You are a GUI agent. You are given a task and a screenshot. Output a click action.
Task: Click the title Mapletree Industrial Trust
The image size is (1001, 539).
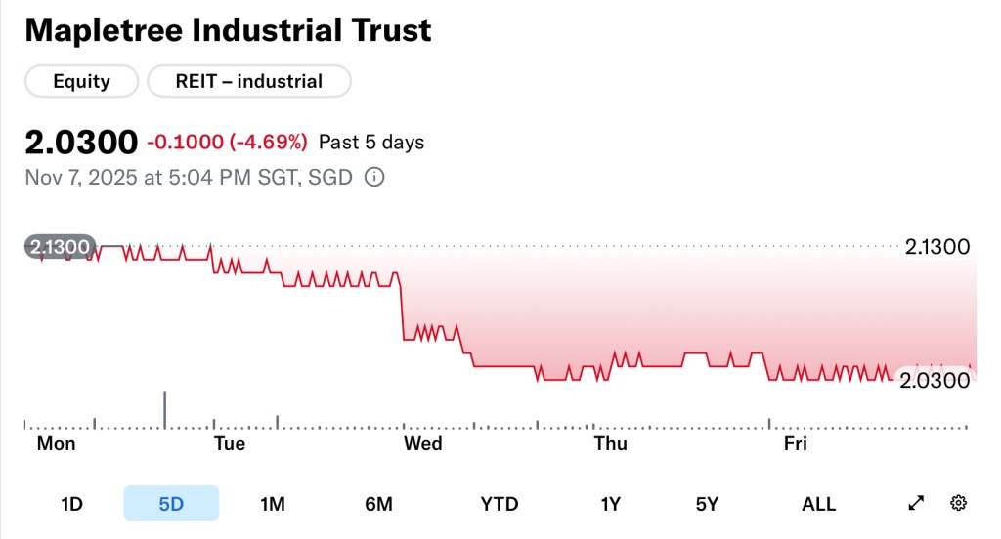click(x=228, y=30)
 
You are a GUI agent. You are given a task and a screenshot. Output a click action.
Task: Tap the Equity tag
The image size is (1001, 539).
click(x=81, y=81)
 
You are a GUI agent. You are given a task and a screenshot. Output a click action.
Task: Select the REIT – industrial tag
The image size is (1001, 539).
click(x=248, y=81)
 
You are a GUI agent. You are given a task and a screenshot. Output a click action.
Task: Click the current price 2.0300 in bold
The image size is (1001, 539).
click(x=81, y=143)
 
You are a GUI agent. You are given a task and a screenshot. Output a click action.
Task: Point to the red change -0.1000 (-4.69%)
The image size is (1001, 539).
click(x=227, y=143)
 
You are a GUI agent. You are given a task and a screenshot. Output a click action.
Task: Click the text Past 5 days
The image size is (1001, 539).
click(x=371, y=143)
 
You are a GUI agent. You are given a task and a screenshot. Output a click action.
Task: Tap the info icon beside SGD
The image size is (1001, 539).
click(x=373, y=178)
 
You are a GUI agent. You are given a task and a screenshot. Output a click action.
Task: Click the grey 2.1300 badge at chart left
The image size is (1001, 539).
click(x=61, y=247)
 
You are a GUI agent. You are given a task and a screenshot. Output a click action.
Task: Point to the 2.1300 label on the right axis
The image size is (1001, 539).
click(x=936, y=247)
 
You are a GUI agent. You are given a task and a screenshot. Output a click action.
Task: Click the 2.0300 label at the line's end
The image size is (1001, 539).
click(x=935, y=379)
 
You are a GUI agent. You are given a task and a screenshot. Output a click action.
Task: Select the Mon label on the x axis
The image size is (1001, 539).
click(x=56, y=444)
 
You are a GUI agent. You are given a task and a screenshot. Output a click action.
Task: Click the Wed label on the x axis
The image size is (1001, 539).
click(x=422, y=444)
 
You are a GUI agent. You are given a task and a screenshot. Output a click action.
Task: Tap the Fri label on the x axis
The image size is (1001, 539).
click(x=796, y=444)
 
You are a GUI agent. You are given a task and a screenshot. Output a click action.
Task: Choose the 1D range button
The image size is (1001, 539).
click(x=71, y=504)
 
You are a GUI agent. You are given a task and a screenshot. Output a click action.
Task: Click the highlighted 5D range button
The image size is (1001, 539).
click(x=171, y=504)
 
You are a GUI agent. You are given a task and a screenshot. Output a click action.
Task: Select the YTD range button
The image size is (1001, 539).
click(x=500, y=504)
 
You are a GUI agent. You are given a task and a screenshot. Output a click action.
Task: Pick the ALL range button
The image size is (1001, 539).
click(x=818, y=504)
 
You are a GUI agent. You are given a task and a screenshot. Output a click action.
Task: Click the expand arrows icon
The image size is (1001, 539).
click(x=916, y=503)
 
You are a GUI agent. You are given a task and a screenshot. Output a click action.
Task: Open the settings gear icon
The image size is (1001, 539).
click(x=958, y=503)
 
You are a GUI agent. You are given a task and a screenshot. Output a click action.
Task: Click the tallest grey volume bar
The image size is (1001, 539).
click(x=165, y=409)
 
